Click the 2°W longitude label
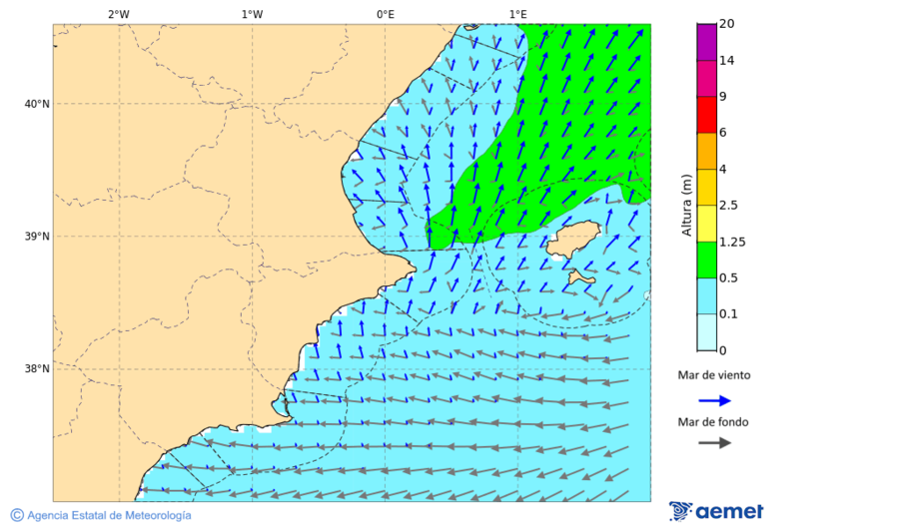(118, 14)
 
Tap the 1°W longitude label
(252, 14)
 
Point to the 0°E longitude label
(385, 14)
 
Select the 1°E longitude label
(518, 14)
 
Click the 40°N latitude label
(37, 104)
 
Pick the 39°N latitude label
(37, 237)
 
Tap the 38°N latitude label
(37, 369)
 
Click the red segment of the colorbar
(706, 115)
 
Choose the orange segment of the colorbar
(706, 151)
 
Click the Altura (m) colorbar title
(686, 205)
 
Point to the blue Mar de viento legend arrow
(714, 400)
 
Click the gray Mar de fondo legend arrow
(714, 443)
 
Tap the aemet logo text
(729, 511)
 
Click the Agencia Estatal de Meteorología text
(109, 515)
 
